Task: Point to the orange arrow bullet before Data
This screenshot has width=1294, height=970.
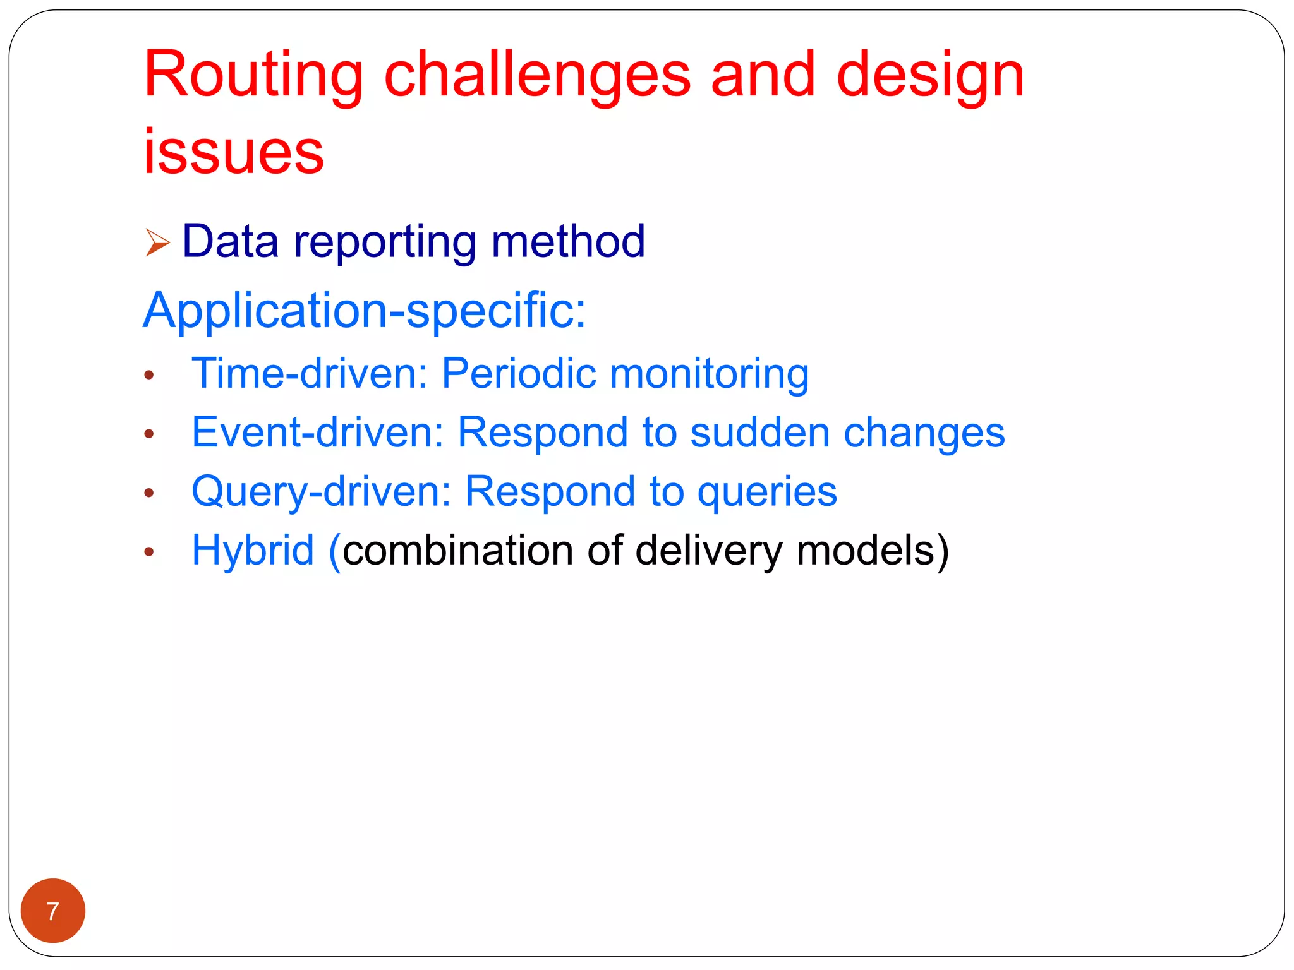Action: (157, 242)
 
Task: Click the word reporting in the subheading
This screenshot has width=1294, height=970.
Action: (385, 242)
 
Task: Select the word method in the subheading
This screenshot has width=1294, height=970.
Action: (568, 241)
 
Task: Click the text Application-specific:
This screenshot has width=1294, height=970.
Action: (365, 311)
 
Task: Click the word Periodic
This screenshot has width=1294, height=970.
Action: (518, 373)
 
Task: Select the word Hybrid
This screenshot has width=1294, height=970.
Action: (253, 551)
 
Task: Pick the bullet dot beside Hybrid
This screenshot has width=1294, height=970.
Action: (149, 552)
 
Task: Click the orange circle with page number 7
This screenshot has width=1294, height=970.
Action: (53, 911)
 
